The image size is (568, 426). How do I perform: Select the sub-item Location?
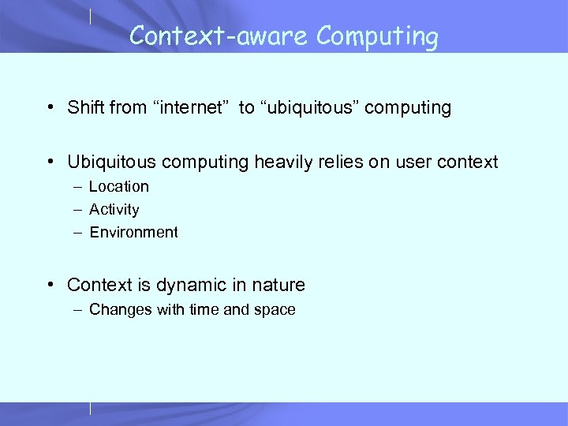(118, 186)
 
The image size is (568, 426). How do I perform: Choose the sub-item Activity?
(114, 209)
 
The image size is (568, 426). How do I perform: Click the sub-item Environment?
(133, 232)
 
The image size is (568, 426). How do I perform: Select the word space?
(274, 310)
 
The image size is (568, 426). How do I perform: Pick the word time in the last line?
(204, 309)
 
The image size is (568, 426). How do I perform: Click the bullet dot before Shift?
(50, 108)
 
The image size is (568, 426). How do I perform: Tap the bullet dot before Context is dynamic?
(50, 286)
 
